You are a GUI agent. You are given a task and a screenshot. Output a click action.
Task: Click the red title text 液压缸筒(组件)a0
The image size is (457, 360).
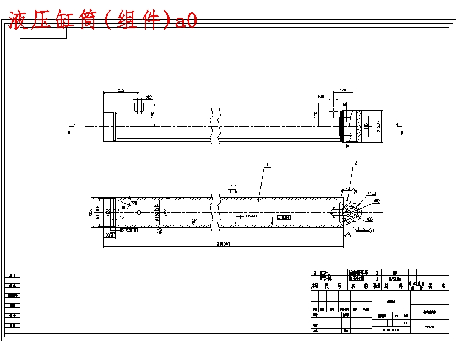click(102, 21)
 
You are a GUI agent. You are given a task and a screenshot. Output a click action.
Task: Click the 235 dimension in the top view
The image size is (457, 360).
click(121, 90)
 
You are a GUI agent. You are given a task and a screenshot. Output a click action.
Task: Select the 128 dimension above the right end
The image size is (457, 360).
click(342, 90)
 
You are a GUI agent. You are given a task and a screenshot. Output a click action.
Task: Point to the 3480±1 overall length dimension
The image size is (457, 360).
click(224, 243)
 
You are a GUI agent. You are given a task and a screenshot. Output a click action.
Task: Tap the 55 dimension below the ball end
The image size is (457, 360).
click(347, 234)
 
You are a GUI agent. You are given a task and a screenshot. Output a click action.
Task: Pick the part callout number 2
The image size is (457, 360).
click(356, 163)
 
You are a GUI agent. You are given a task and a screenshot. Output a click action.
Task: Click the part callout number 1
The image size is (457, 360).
click(266, 165)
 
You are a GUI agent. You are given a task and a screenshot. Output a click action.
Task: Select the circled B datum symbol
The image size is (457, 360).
click(160, 232)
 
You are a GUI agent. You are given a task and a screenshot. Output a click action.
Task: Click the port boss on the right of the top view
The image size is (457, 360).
click(334, 105)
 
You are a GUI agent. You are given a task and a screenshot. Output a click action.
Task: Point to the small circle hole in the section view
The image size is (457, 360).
click(139, 212)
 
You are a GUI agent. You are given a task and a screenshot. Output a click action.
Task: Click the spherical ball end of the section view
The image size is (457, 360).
click(352, 212)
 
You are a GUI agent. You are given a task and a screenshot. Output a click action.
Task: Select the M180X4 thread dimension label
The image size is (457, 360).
click(97, 211)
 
